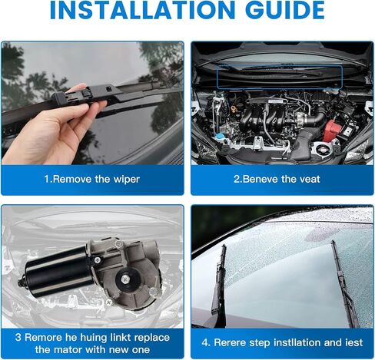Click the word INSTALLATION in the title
tap(141, 11)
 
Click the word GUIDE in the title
tap(285, 11)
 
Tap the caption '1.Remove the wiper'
tap(92, 179)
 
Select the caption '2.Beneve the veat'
tap(277, 179)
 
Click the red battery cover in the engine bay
tap(331, 130)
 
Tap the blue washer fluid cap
tap(220, 136)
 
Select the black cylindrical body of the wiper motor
tap(58, 273)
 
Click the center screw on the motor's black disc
tap(125, 279)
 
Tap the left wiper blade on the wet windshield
tap(218, 279)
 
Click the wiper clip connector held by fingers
tap(75, 97)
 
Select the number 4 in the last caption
tap(204, 342)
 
